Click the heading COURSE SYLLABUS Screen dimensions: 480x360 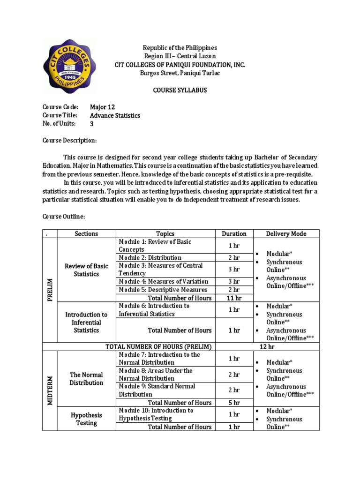(180, 90)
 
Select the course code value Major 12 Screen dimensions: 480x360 (102, 107)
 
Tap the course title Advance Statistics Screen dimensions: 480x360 (115, 115)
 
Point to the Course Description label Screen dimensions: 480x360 (70, 141)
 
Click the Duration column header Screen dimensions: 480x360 (234, 233)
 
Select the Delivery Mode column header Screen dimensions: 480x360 (286, 233)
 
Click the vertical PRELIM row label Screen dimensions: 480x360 (50, 290)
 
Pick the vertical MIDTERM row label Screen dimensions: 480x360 (50, 390)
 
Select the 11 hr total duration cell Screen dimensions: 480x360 (234, 298)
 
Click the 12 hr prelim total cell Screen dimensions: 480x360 (267, 346)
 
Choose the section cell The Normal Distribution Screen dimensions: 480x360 (86, 378)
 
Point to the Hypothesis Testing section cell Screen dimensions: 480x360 (86, 419)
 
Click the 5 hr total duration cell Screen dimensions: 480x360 (234, 402)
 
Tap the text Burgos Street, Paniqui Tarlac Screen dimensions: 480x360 (180, 73)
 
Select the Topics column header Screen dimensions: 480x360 (165, 233)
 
